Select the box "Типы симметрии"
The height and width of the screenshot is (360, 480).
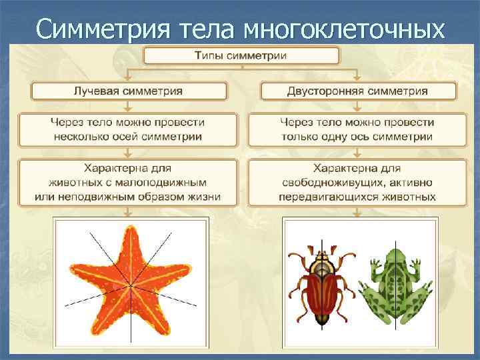click(x=240, y=55)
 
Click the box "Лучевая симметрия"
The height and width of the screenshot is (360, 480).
click(x=128, y=90)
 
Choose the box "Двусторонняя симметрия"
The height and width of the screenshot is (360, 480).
click(x=357, y=90)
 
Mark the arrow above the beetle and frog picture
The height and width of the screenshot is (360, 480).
click(x=357, y=212)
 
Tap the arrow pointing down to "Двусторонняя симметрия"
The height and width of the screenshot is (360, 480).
click(x=357, y=76)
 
